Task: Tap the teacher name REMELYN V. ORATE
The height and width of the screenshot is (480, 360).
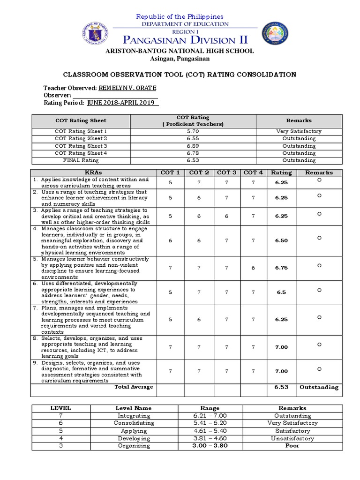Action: [127, 88]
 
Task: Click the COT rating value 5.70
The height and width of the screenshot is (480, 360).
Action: [192, 131]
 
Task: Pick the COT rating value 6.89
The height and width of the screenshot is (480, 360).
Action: [192, 146]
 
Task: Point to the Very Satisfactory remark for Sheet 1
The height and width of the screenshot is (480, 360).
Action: [299, 131]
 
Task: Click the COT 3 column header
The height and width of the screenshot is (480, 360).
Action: [227, 172]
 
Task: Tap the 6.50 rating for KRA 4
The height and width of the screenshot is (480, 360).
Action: [281, 240]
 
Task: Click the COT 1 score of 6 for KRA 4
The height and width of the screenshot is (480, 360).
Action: [171, 240]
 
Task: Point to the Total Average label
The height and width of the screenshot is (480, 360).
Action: [134, 387]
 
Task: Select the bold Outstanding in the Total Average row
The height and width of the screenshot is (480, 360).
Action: [319, 387]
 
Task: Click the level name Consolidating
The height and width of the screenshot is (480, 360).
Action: [134, 423]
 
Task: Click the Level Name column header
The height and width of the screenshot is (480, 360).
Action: [134, 408]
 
